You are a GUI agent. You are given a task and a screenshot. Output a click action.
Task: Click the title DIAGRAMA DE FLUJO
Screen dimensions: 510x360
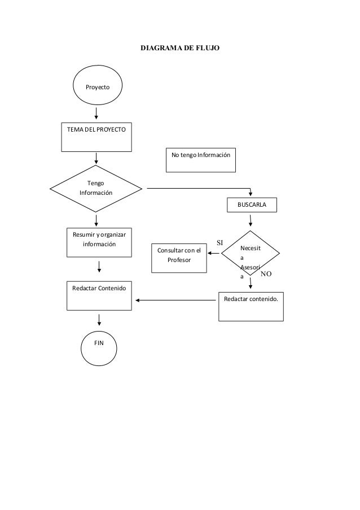tap(180, 50)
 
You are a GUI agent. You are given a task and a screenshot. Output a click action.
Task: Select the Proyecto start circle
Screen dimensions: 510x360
tap(97, 88)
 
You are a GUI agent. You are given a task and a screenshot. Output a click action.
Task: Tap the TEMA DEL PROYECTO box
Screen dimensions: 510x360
tap(97, 136)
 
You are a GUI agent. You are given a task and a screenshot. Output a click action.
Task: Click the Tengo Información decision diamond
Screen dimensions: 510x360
tap(96, 188)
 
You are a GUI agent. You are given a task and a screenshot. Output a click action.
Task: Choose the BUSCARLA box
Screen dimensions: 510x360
tap(252, 204)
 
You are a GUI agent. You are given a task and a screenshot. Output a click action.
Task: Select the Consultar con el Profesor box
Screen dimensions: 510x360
tap(179, 257)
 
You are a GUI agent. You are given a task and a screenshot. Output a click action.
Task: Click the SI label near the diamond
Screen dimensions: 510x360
tap(221, 243)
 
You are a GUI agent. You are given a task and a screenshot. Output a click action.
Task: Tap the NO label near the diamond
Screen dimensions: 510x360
tap(266, 273)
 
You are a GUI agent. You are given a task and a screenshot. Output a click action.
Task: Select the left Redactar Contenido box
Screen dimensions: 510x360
tap(99, 295)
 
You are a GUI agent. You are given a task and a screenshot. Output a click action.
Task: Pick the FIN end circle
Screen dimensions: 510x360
tap(99, 344)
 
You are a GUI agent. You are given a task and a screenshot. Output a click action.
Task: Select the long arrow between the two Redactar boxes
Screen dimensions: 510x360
tap(175, 300)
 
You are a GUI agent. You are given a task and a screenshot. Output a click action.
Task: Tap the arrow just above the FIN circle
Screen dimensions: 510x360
tap(99, 320)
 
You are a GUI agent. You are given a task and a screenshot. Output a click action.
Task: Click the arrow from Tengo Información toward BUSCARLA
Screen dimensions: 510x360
tap(197, 188)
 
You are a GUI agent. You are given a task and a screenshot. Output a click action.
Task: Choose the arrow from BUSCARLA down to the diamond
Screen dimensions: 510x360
tap(251, 221)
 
